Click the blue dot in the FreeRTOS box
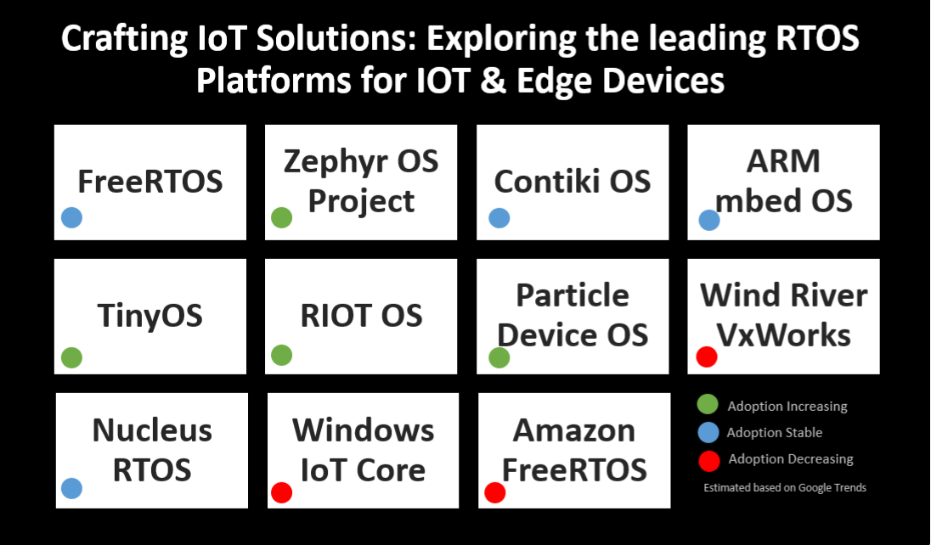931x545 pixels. click(x=72, y=218)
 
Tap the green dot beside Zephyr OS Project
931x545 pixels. click(x=281, y=218)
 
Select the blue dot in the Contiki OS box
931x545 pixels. click(x=499, y=218)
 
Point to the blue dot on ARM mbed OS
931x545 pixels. click(x=709, y=220)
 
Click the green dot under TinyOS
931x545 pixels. click(x=72, y=357)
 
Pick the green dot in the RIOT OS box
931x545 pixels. click(x=281, y=355)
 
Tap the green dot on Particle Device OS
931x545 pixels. click(x=499, y=357)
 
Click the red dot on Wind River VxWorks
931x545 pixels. click(x=707, y=357)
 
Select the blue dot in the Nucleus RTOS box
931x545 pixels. click(x=72, y=489)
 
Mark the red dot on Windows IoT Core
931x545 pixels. click(x=281, y=492)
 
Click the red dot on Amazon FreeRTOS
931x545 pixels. click(x=494, y=492)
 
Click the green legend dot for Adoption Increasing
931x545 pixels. click(x=708, y=404)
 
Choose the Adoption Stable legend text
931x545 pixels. click(x=775, y=433)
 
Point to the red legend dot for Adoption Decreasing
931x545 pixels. click(x=709, y=461)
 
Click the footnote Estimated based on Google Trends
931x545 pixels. click(x=785, y=487)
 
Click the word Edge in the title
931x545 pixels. click(x=554, y=81)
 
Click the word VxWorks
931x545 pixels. click(x=784, y=335)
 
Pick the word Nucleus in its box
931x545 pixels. click(x=152, y=430)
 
